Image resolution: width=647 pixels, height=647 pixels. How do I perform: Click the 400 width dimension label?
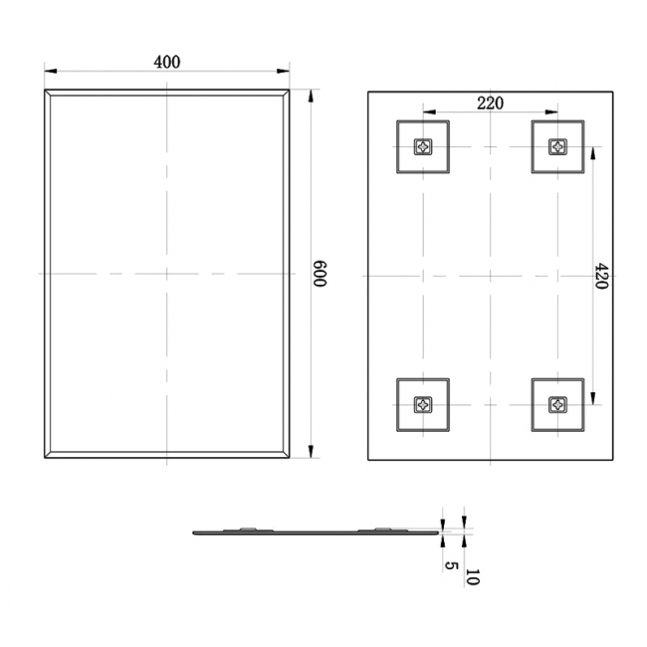[x=166, y=62]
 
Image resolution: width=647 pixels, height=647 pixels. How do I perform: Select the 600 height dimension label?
[x=320, y=274]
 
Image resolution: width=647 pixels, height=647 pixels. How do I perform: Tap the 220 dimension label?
[x=489, y=103]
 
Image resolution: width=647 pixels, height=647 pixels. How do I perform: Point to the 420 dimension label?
[x=601, y=274]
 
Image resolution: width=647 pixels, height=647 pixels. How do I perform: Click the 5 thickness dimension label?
[x=451, y=566]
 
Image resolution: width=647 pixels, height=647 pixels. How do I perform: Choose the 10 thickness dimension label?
[x=471, y=576]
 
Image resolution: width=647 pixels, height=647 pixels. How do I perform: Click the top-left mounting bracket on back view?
[x=423, y=147]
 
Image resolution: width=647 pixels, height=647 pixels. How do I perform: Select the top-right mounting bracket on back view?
[x=557, y=147]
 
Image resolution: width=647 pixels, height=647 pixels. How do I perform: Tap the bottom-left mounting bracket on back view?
[x=423, y=405]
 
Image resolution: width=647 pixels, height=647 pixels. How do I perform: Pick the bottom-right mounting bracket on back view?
[x=557, y=405]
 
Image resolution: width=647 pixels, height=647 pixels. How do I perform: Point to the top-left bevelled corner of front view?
[x=48, y=94]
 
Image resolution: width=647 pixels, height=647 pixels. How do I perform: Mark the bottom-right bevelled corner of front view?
[x=287, y=455]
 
